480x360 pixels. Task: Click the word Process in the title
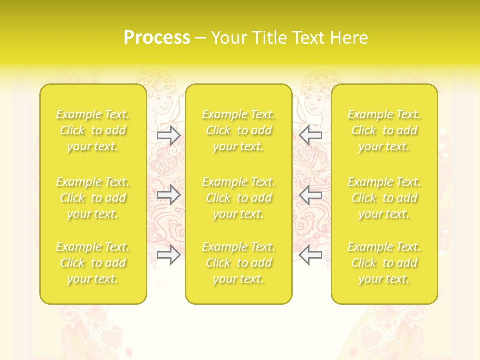tap(157, 38)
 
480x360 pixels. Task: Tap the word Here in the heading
tap(349, 38)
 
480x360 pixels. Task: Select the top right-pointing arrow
tap(169, 135)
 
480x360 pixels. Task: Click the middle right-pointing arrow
tap(169, 195)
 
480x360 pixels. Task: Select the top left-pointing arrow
tap(311, 135)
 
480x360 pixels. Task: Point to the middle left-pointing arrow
tap(311, 195)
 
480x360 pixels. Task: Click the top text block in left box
tap(93, 130)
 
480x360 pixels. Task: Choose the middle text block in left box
tap(93, 198)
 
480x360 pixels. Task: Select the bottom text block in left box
tap(93, 263)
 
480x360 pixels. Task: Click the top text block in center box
tap(239, 130)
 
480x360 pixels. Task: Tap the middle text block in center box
tap(239, 198)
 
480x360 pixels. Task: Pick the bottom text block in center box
tap(239, 263)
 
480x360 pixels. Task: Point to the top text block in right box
tap(384, 130)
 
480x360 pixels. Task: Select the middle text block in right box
tap(384, 198)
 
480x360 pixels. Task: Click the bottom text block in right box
tap(384, 263)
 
